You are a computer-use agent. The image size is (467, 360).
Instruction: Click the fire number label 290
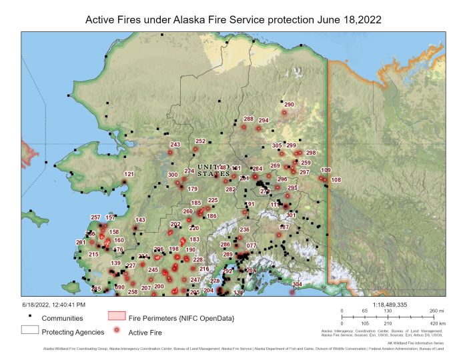[x=289, y=105]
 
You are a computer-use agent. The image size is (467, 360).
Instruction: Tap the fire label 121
[x=129, y=175]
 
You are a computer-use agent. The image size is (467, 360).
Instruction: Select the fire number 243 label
[x=175, y=145]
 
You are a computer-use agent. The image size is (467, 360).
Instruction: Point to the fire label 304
[x=297, y=284]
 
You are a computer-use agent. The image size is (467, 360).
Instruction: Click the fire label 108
[x=336, y=180]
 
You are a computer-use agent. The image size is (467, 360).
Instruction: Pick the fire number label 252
[x=200, y=141]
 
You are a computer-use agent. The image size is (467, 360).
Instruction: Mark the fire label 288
[x=248, y=119]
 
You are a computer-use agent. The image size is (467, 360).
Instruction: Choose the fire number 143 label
[x=140, y=220]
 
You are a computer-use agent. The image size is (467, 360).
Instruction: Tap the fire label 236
[x=244, y=229]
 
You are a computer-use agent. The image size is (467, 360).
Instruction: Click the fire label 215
[x=93, y=254]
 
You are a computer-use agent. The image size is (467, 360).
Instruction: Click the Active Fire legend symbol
[x=117, y=331]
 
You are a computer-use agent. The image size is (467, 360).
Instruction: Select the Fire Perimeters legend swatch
[x=117, y=317]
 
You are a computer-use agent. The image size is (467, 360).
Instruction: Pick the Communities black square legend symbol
[x=31, y=317]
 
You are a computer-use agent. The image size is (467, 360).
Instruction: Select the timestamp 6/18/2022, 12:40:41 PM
[x=53, y=304]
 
